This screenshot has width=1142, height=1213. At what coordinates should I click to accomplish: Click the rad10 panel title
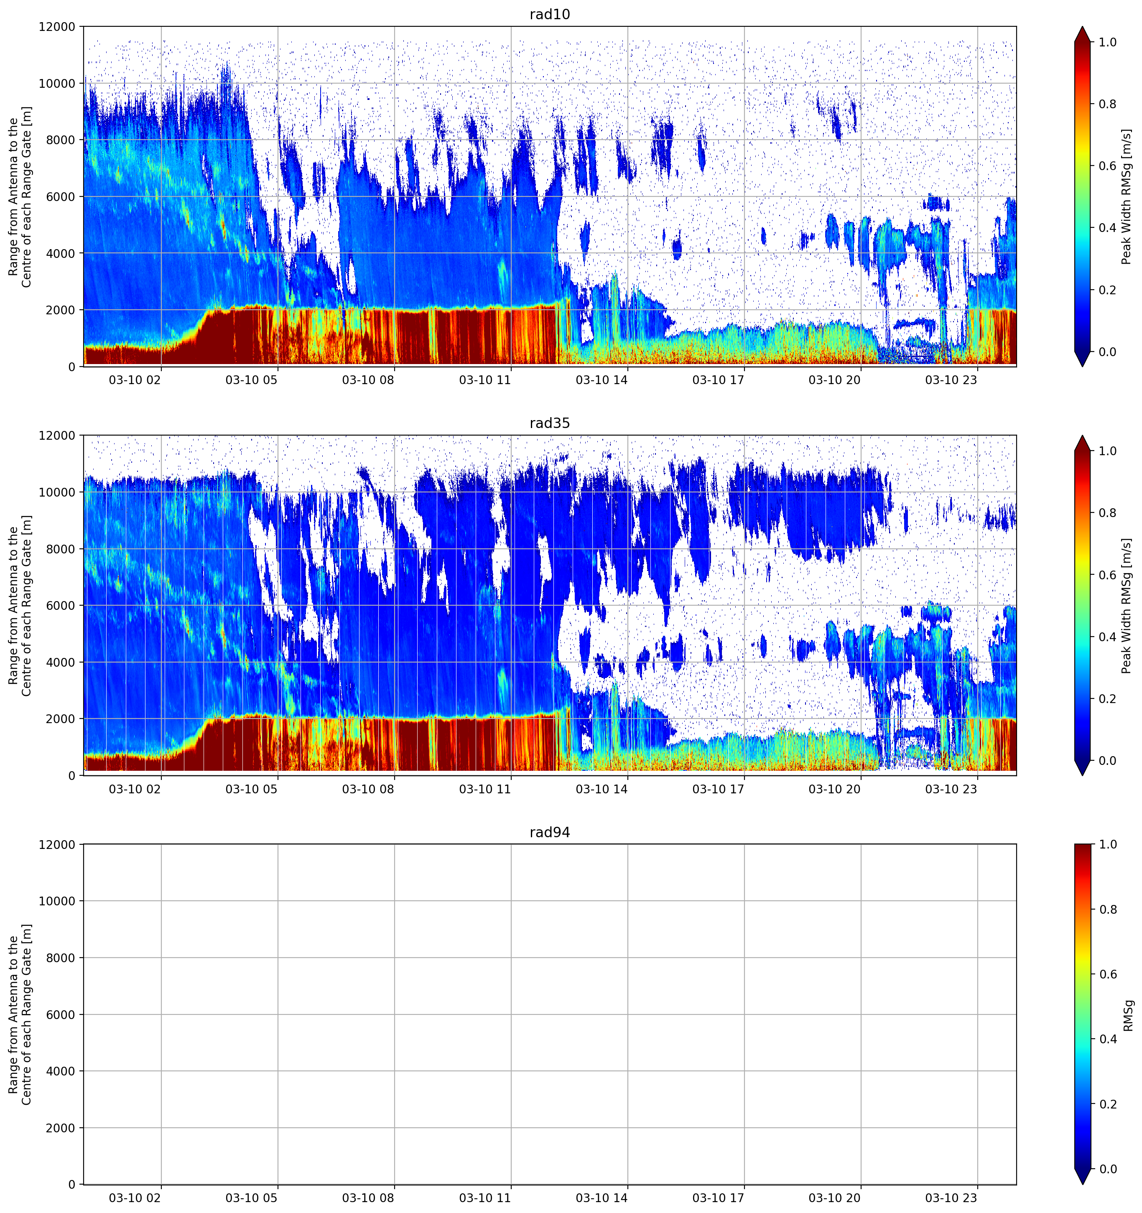click(x=550, y=14)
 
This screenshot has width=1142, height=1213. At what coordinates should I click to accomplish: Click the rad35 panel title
click(x=550, y=423)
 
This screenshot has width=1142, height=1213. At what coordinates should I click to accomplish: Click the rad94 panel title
click(x=550, y=832)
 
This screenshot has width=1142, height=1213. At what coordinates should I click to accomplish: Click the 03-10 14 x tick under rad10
click(x=602, y=380)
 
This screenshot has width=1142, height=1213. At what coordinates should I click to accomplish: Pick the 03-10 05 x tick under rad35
click(x=251, y=789)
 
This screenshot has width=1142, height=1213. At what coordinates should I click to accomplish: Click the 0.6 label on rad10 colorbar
click(x=1108, y=166)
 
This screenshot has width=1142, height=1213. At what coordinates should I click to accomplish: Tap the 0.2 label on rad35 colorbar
click(x=1108, y=698)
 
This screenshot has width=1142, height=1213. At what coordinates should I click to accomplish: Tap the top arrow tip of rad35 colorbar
click(x=1082, y=436)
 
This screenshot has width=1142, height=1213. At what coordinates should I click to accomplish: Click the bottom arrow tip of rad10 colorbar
click(x=1082, y=366)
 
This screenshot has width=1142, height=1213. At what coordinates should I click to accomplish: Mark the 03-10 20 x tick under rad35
click(x=834, y=789)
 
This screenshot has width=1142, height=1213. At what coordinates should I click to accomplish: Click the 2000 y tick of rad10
click(x=61, y=310)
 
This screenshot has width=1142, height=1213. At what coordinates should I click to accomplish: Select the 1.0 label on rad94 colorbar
click(x=1108, y=844)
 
